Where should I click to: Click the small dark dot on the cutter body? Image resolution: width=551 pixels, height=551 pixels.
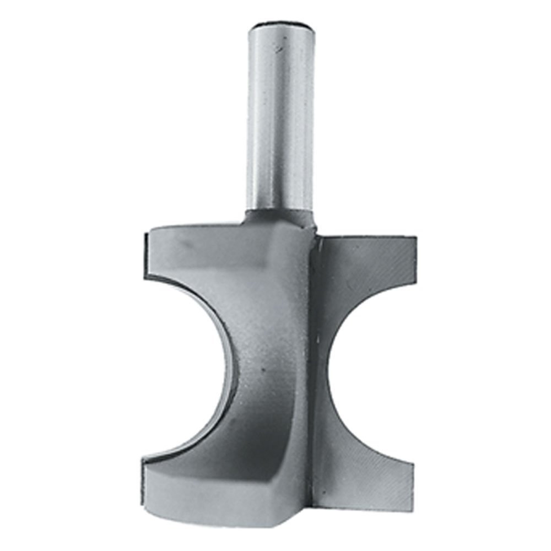click(x=264, y=370)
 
